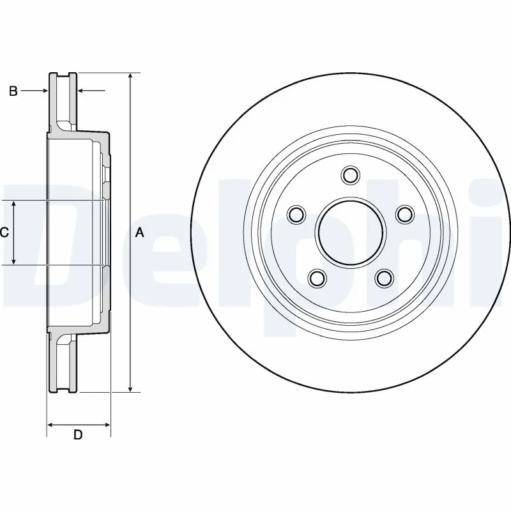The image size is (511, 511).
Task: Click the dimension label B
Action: pos(12,91)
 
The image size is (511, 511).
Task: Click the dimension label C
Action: pos(4,233)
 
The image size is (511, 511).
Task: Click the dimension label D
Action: pos(78,436)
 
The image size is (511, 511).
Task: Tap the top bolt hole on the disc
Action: pos(350,174)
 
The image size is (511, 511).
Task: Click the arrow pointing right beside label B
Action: pos(44,91)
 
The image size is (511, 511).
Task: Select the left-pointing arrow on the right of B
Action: pos(82,91)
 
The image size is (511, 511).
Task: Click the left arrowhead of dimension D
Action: pos(51,423)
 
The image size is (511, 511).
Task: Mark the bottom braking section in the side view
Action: pos(63,364)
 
